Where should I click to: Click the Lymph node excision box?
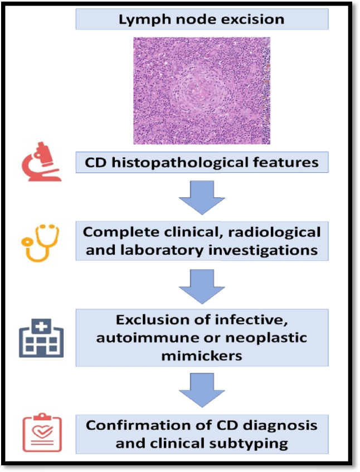point(202,20)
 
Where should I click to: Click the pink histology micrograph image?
point(202,91)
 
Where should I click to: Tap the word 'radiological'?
point(276,231)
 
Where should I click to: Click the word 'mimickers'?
point(202,356)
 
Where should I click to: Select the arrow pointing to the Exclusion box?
point(202,285)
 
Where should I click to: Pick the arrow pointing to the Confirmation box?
point(202,389)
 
